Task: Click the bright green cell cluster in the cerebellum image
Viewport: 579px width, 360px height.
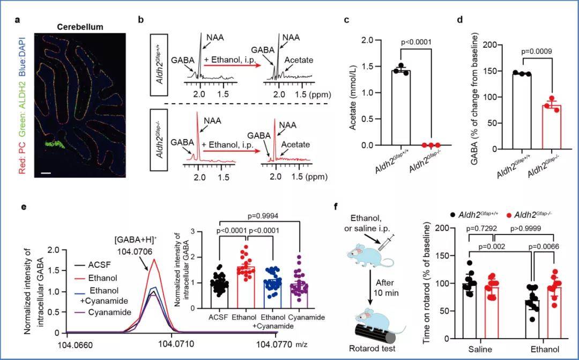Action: [55, 144]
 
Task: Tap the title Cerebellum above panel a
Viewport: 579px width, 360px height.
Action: [80, 27]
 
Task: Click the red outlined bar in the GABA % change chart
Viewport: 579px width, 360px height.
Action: [551, 127]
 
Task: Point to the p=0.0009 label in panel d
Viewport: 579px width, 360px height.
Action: [537, 52]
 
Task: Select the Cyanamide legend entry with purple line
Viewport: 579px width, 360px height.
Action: [103, 312]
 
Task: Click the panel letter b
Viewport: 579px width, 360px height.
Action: [140, 20]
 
